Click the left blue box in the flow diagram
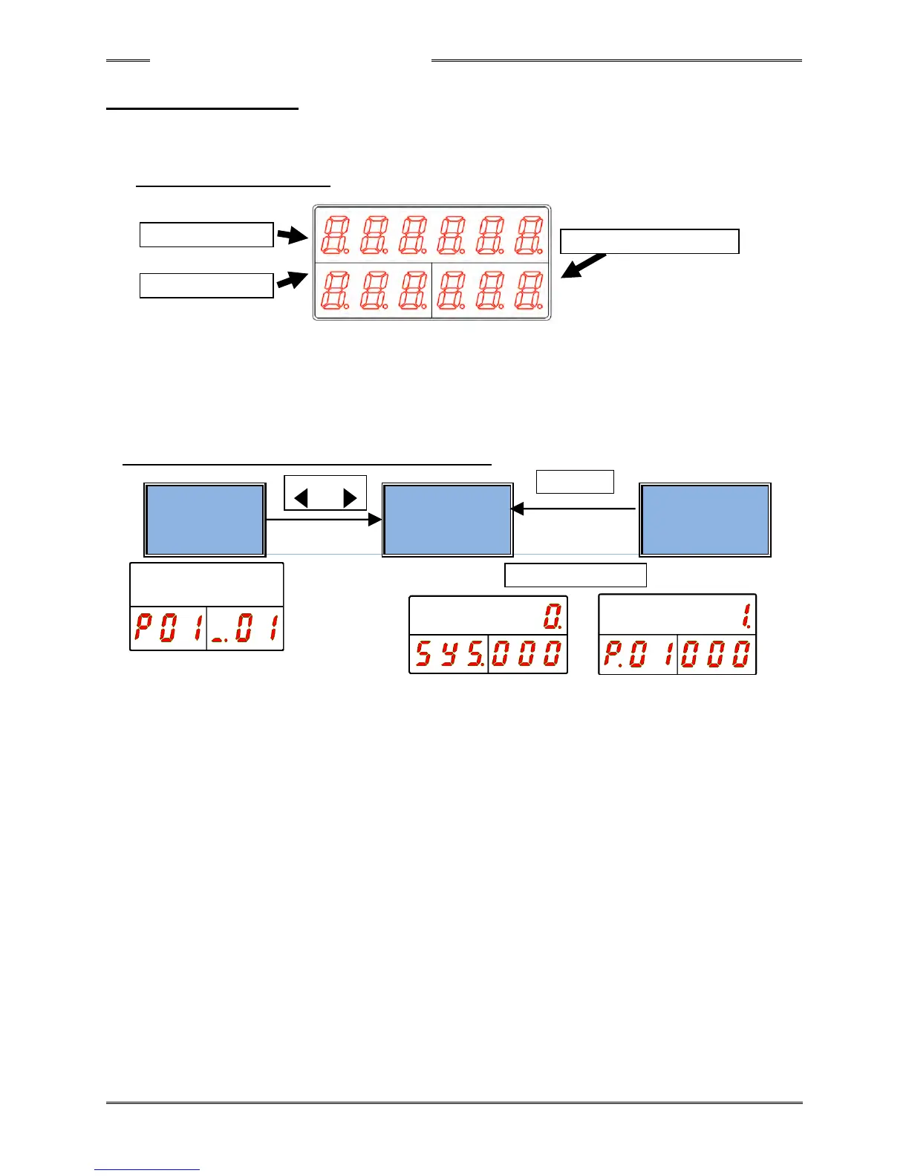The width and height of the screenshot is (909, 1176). pyautogui.click(x=205, y=520)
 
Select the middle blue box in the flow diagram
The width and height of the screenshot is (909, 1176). pyautogui.click(x=447, y=520)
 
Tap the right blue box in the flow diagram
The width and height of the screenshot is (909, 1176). pyautogui.click(x=705, y=520)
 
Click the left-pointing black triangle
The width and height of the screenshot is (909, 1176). pyautogui.click(x=301, y=497)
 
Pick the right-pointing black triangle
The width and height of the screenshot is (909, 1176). pyautogui.click(x=350, y=497)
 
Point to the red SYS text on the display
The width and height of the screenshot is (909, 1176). pyautogui.click(x=449, y=654)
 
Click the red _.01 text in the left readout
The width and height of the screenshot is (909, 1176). pyautogui.click(x=246, y=628)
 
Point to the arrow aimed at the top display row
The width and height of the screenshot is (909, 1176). pyautogui.click(x=292, y=236)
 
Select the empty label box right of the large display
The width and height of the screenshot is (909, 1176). pyautogui.click(x=649, y=242)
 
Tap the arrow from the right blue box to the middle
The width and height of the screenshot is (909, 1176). pyautogui.click(x=573, y=509)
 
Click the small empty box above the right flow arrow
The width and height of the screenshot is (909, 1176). pyautogui.click(x=575, y=482)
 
